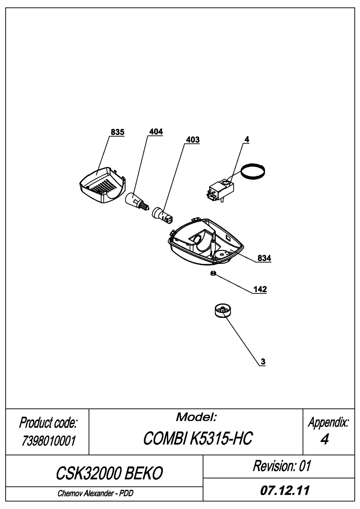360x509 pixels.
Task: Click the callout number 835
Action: [117, 132]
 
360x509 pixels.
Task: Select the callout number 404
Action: [156, 132]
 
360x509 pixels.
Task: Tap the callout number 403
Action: [193, 140]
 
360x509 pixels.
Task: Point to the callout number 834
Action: [264, 258]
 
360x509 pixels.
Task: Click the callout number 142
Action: [260, 289]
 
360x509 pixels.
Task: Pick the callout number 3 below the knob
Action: [263, 362]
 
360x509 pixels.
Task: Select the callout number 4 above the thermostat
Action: [247, 140]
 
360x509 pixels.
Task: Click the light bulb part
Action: [137, 201]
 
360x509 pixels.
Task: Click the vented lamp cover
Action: [102, 185]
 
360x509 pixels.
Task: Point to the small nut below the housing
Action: [213, 273]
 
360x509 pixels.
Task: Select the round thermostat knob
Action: [223, 310]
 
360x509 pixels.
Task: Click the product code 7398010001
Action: [49, 441]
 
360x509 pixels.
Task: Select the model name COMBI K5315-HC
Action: [198, 438]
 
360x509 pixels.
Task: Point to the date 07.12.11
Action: [285, 490]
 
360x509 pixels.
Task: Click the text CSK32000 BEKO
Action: [109, 473]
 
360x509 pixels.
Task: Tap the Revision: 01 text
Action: [282, 466]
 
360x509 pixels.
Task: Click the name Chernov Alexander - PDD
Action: [95, 493]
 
